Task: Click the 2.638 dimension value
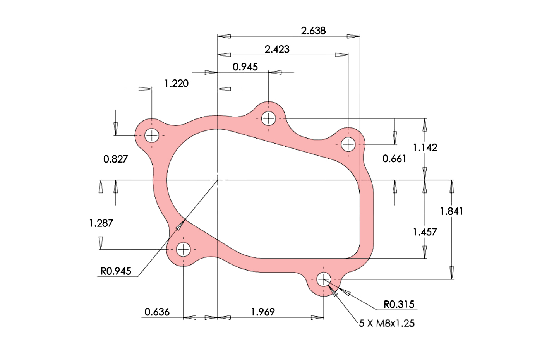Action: point(313,31)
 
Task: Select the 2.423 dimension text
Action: point(277,49)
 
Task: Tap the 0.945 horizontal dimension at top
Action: point(245,67)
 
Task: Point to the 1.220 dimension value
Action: point(177,83)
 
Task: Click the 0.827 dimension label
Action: point(115,159)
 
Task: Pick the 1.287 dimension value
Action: point(101,223)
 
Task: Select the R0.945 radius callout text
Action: point(116,271)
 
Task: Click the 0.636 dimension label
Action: point(157,312)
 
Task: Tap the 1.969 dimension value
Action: point(263,312)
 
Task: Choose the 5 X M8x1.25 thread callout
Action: point(387,323)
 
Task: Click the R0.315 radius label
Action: point(399,305)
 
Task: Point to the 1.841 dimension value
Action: point(451,211)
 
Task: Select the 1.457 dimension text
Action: point(425,232)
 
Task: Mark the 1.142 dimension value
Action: point(425,147)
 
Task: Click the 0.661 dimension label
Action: point(394,158)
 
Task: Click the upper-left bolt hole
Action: point(152,135)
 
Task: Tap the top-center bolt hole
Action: point(268,118)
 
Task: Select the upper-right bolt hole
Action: point(348,144)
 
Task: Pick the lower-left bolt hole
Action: point(183,250)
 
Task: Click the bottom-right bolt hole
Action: point(324,279)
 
